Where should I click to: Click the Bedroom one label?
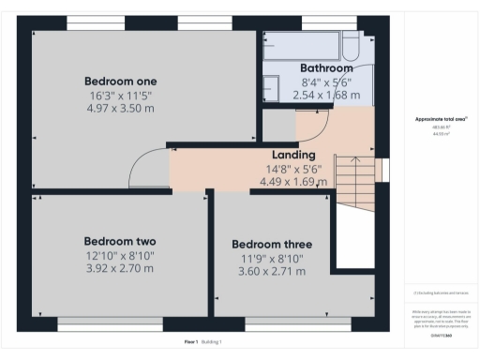click(120, 81)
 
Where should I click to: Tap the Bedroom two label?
click(119, 240)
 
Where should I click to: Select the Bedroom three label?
click(272, 245)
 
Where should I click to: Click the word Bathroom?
click(326, 68)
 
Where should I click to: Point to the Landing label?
click(293, 155)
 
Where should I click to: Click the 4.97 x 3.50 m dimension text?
click(120, 108)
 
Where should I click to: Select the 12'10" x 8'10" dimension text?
click(119, 254)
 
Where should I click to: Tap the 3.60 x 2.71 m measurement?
click(272, 272)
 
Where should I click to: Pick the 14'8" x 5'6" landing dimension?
click(293, 169)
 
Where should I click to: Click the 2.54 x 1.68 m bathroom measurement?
click(326, 95)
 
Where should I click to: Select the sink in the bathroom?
click(270, 88)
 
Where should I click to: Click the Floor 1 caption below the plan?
click(191, 343)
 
